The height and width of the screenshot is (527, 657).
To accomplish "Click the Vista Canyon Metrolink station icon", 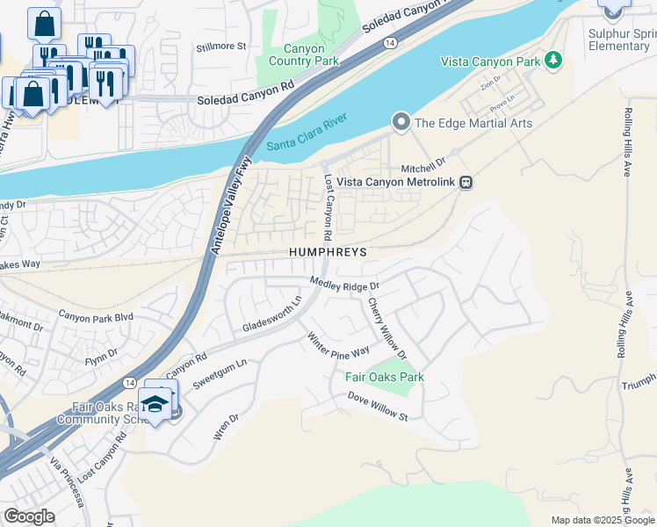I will (467, 183).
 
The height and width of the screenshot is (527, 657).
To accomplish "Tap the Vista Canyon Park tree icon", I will (552, 60).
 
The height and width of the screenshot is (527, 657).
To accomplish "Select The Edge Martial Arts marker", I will (401, 122).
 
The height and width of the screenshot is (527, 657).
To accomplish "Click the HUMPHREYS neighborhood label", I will (327, 251).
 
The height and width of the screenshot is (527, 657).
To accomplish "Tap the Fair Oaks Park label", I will (384, 377).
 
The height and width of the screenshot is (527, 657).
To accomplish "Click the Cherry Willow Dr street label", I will (386, 329).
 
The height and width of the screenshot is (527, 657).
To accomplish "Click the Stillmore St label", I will (220, 46).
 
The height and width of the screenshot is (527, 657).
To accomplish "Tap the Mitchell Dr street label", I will (423, 163).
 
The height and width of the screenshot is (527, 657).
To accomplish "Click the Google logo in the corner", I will (29, 516).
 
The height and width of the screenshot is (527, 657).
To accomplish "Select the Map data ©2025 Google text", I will (602, 520).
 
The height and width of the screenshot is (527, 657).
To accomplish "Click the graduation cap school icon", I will (155, 403).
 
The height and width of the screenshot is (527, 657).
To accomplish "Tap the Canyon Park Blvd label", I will (95, 314).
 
